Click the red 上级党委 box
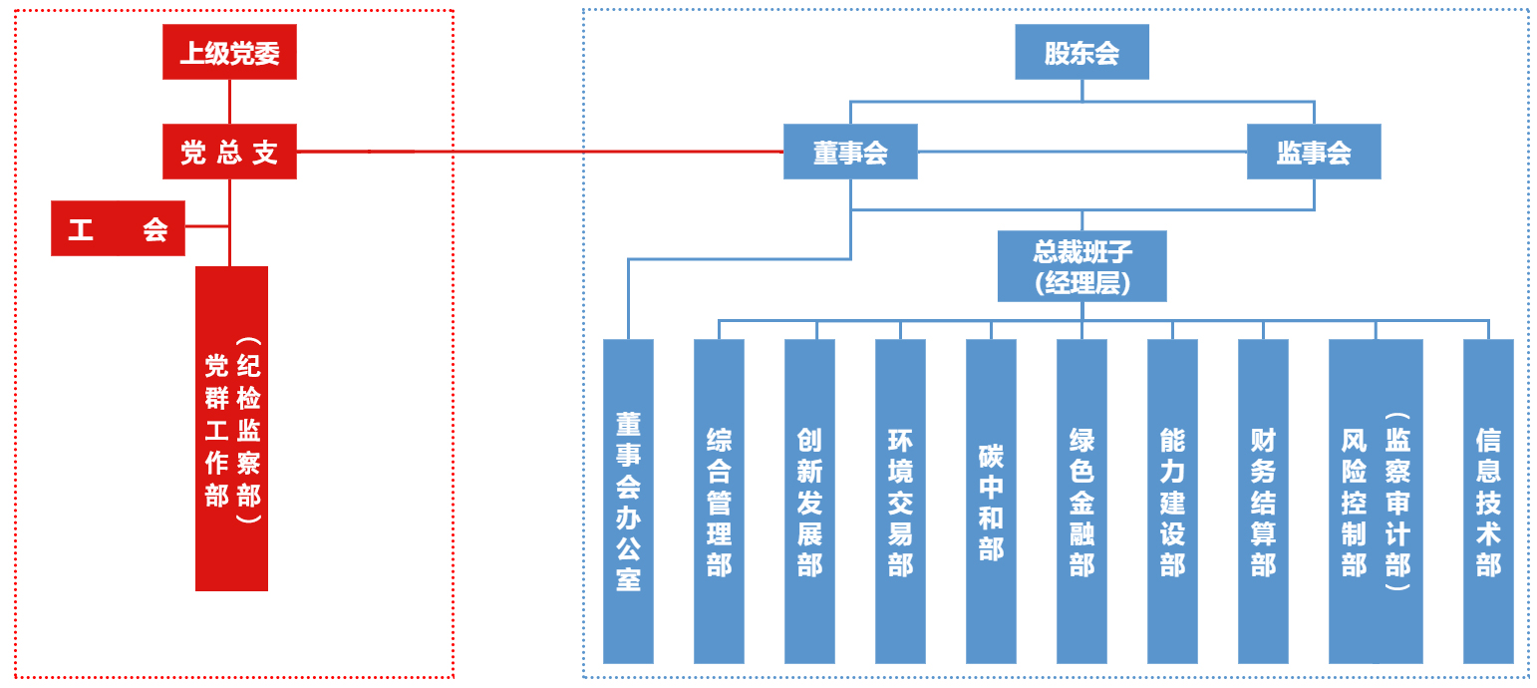coord(229,52)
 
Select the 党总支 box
coord(229,152)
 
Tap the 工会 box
coord(118,227)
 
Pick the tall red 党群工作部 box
coord(231,429)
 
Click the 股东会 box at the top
coord(1081,52)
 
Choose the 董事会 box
coord(849,152)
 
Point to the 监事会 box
coord(1314,152)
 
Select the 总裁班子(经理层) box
coord(1081,266)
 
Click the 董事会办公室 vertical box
coord(628,502)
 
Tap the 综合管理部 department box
coord(719,502)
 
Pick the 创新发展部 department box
coord(809,502)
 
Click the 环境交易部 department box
coord(900,502)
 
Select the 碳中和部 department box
coord(991,502)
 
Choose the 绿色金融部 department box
coord(1081,502)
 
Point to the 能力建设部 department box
coord(1172,502)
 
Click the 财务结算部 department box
coord(1263,502)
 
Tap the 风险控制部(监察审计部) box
coord(1376,502)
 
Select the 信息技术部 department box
coord(1488,502)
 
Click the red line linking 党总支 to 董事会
coord(538,152)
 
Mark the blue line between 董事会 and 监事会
coord(1081,152)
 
